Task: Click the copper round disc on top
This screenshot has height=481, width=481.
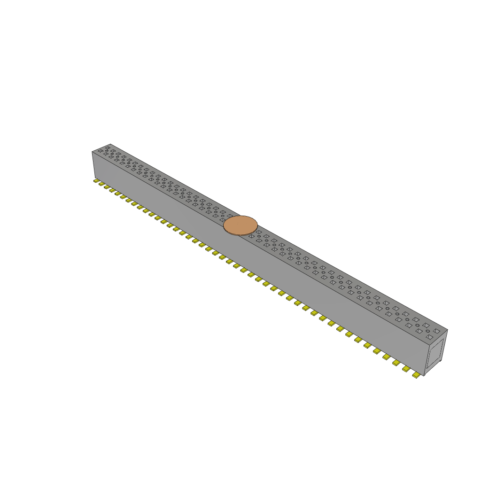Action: pyautogui.click(x=240, y=225)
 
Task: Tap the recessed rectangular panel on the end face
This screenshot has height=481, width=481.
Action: pyautogui.click(x=436, y=353)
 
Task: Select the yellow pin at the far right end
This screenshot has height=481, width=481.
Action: pyautogui.click(x=416, y=375)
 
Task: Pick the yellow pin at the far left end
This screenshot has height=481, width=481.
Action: pyautogui.click(x=96, y=180)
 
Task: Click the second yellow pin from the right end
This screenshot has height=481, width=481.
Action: pyautogui.click(x=406, y=369)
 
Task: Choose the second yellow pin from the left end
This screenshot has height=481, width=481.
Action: pyautogui.click(x=101, y=184)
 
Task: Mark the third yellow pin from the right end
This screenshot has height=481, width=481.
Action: pyautogui.click(x=397, y=363)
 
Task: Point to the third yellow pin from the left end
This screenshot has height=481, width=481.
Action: pyautogui.click(x=107, y=186)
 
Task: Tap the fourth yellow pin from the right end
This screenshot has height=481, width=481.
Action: pyautogui.click(x=387, y=357)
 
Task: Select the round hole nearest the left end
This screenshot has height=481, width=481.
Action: pyautogui.click(x=107, y=150)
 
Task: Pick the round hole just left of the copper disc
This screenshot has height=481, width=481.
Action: pyautogui.click(x=223, y=216)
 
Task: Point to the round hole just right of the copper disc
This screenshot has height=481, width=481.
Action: pyautogui.click(x=258, y=236)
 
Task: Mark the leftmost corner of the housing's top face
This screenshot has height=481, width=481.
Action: pyautogui.click(x=92, y=151)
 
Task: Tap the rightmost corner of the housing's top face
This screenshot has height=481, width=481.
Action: pyautogui.click(x=447, y=330)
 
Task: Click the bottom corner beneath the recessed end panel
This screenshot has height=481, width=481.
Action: pyautogui.click(x=424, y=376)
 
